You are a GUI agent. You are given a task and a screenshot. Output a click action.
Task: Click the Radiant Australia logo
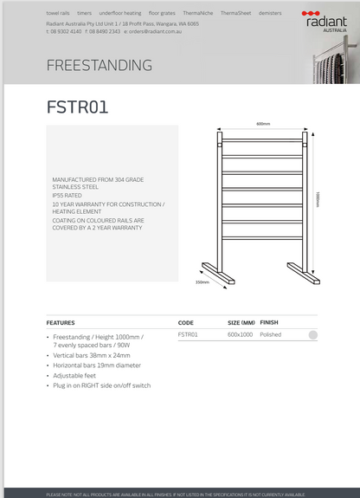pos(325,20)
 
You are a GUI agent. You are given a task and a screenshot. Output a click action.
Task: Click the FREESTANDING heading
pos(99,66)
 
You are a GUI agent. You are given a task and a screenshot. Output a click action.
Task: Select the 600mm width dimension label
pos(263,124)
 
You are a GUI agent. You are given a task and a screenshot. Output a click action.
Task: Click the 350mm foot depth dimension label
pos(202,281)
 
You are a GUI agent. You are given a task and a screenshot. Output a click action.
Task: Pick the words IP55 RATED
pos(67,196)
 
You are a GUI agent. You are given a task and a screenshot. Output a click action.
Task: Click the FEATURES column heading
pos(61,322)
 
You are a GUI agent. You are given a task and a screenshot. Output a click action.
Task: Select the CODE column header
pos(185,322)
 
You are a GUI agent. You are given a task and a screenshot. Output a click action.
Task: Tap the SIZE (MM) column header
pos(241,322)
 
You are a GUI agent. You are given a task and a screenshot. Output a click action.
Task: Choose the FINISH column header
pos(269,322)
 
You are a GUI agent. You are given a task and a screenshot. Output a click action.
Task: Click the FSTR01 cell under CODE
pos(188,334)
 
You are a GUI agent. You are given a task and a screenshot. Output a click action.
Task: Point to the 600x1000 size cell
pos(240,334)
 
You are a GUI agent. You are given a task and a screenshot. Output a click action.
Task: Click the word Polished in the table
pos(271,334)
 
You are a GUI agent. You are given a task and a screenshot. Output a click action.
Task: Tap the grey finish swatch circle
pos(312,335)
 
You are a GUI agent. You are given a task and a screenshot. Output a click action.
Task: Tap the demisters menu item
pos(270,14)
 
